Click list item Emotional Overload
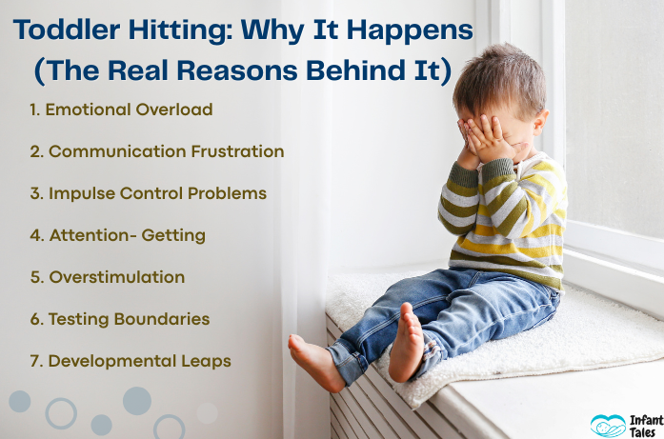point(121,110)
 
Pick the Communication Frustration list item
point(156,151)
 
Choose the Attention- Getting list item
point(117,235)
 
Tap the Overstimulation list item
point(107,277)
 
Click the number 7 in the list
point(34,361)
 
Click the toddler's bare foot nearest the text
point(314,362)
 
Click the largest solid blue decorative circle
point(136,400)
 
